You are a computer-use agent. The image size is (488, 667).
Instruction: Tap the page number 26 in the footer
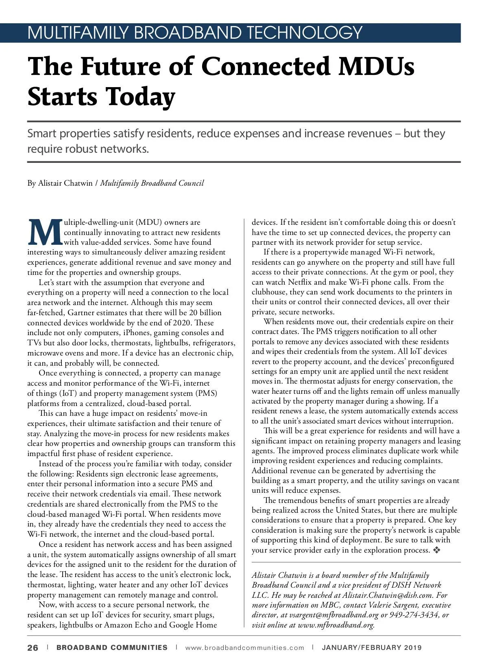(x=33, y=647)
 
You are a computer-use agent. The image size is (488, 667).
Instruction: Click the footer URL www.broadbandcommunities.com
(x=244, y=647)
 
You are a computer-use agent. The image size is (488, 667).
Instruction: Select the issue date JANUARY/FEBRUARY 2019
(x=372, y=647)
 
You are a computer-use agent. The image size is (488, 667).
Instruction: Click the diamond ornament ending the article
(x=437, y=550)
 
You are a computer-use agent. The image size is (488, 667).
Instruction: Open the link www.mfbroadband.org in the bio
(x=336, y=625)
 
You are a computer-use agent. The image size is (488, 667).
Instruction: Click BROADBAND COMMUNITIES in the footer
(x=112, y=647)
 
